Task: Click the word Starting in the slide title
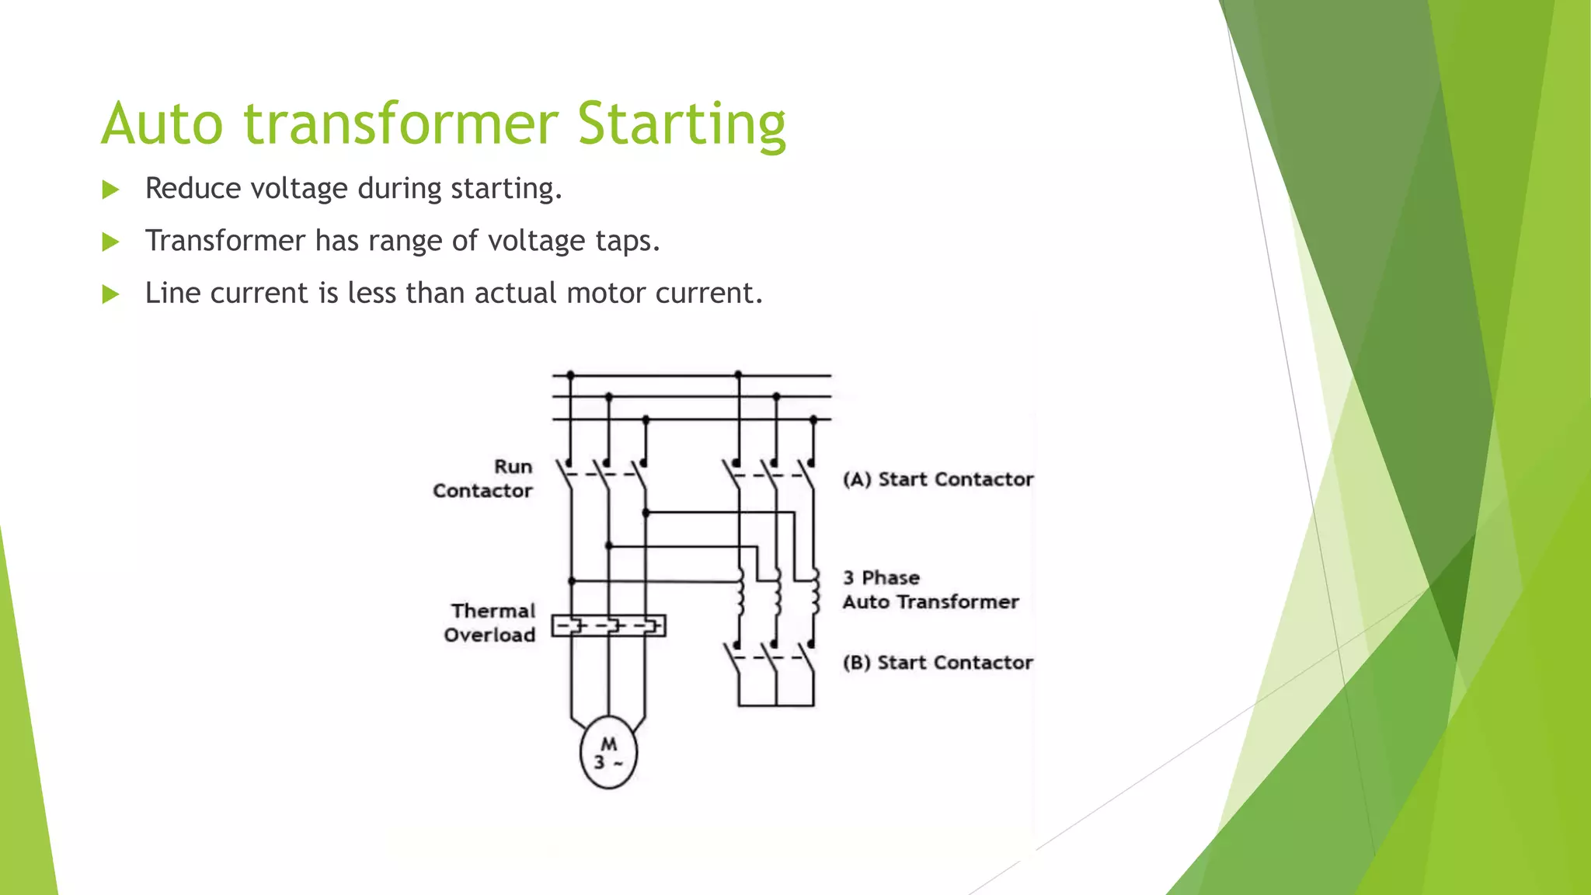(x=681, y=124)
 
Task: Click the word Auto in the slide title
(x=162, y=124)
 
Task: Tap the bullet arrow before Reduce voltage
(x=110, y=190)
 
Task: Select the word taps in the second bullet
(x=626, y=241)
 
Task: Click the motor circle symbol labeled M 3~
(x=608, y=752)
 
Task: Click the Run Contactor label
(x=483, y=479)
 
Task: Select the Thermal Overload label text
(x=490, y=622)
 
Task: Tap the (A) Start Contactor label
(x=938, y=479)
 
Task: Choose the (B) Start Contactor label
(x=938, y=663)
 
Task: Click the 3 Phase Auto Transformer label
(x=930, y=590)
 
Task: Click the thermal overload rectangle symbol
(x=608, y=625)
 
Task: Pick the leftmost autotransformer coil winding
(x=740, y=594)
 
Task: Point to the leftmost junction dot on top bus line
(x=570, y=375)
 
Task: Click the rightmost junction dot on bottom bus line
(x=813, y=420)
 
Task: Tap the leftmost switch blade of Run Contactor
(x=564, y=476)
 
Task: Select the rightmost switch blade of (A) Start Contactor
(x=808, y=476)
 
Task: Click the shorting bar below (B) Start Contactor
(x=776, y=705)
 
